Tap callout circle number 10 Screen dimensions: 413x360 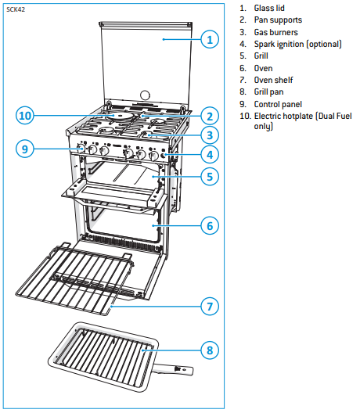coord(27,117)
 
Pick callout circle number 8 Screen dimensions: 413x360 coord(207,350)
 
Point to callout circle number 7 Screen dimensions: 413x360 coord(207,306)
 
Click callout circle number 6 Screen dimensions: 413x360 coord(207,226)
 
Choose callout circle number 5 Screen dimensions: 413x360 coord(207,176)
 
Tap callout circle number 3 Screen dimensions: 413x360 coord(207,134)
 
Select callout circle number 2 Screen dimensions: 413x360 coord(207,115)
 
